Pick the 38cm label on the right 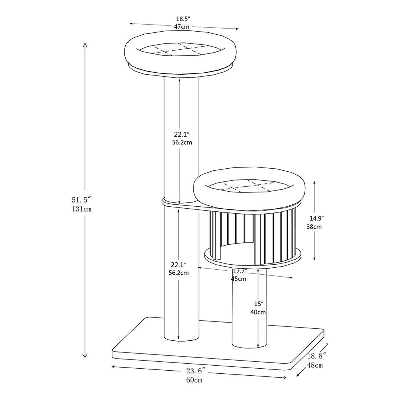click(x=314, y=227)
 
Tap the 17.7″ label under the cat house click(x=240, y=271)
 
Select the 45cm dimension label click(x=239, y=278)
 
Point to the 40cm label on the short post click(x=258, y=312)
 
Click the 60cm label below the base click(x=194, y=380)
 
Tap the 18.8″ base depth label click(x=316, y=356)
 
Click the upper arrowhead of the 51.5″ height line click(x=85, y=45)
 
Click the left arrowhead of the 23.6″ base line click(x=114, y=367)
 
